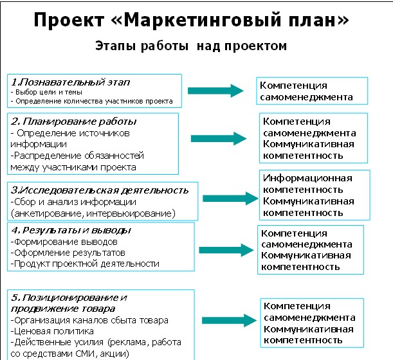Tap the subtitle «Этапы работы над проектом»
click(191, 46)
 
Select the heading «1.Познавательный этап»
click(71, 82)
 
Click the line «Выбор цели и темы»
click(46, 92)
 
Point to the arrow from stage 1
click(216, 91)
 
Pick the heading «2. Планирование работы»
click(74, 122)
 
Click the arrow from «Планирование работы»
click(219, 139)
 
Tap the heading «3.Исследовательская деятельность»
click(100, 191)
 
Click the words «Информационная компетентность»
click(307, 184)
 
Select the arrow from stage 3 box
click(230, 199)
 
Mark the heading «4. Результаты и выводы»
click(71, 231)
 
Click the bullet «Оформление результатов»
click(68, 253)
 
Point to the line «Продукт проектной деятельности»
click(85, 264)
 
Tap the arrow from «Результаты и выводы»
click(226, 250)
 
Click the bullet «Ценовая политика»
click(52, 331)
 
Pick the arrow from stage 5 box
click(230, 320)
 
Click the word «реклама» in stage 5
click(127, 343)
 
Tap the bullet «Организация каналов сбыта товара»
click(90, 320)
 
